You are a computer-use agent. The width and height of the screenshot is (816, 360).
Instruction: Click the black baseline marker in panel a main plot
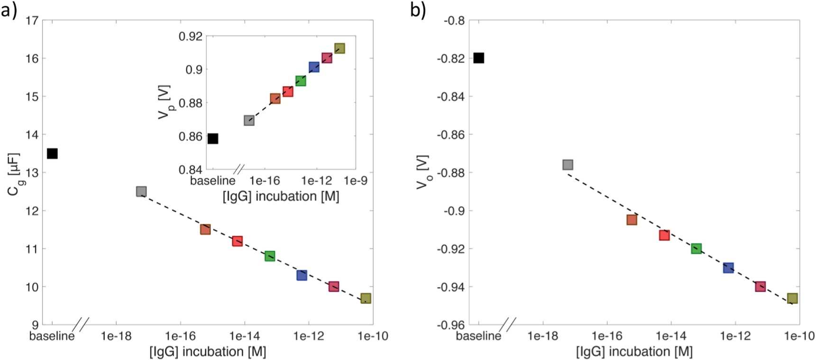[52, 153]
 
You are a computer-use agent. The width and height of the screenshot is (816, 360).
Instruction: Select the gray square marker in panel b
[568, 165]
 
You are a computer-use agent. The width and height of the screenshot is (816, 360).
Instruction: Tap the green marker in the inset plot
[300, 81]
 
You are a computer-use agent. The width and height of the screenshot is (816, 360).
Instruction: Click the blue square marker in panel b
[728, 268]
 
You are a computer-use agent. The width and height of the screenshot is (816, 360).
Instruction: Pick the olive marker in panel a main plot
[366, 298]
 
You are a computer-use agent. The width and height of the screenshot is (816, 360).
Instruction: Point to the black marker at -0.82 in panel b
[479, 58]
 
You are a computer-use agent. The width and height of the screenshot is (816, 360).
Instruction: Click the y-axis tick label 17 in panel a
[32, 20]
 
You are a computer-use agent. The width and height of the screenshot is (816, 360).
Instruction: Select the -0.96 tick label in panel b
[451, 325]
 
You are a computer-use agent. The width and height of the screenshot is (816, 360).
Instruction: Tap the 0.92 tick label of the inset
[190, 37]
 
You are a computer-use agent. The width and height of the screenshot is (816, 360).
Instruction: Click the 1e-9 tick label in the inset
[355, 181]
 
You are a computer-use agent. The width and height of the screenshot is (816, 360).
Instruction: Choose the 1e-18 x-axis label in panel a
[116, 336]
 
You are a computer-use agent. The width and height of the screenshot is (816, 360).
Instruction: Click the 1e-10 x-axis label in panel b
[799, 336]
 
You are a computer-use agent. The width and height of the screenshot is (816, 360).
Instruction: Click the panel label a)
[9, 9]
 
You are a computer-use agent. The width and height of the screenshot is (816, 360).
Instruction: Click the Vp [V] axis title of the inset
[165, 102]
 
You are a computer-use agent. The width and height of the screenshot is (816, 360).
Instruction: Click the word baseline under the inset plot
[212, 181]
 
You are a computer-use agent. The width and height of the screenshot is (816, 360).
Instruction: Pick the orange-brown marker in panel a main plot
[205, 230]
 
